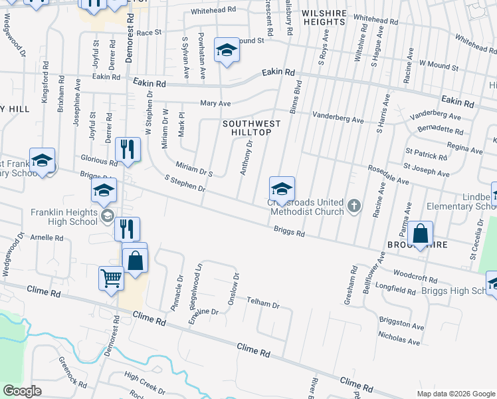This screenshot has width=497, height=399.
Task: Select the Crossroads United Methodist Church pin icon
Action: pyautogui.click(x=354, y=206)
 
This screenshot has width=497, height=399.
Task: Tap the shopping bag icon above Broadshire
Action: pyautogui.click(x=420, y=233)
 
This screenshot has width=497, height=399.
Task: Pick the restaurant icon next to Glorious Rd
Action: pyautogui.click(x=128, y=150)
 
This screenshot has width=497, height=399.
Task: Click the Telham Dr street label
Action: pyautogui.click(x=263, y=303)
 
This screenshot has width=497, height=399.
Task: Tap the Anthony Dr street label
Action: pyautogui.click(x=246, y=158)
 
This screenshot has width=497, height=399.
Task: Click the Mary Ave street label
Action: pyautogui.click(x=215, y=103)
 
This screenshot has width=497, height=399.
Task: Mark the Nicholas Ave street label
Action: pyautogui.click(x=399, y=339)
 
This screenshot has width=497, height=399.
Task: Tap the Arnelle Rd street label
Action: pyautogui.click(x=45, y=237)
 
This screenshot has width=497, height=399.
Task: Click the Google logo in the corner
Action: pyautogui.click(x=22, y=391)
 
